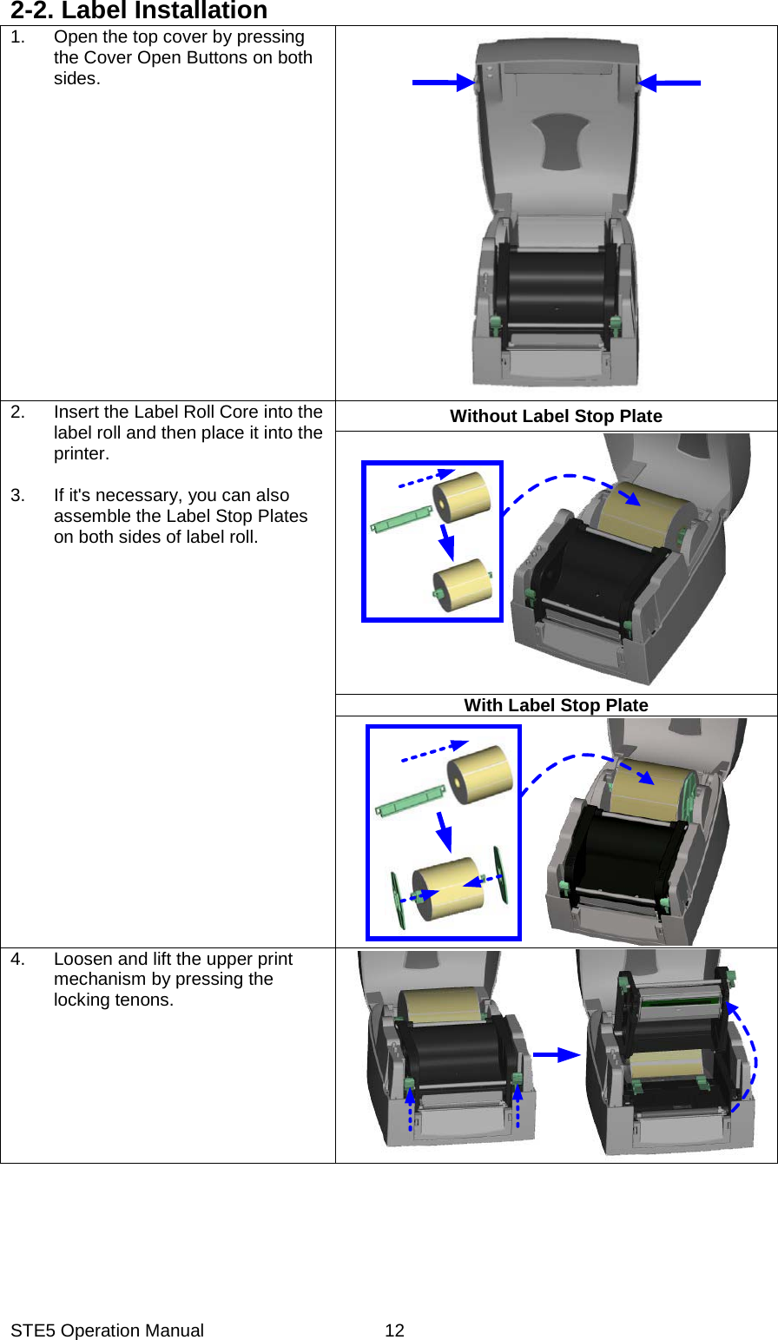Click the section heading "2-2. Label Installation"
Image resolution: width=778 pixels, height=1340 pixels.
[x=139, y=11]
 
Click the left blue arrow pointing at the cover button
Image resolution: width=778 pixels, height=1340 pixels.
[x=441, y=83]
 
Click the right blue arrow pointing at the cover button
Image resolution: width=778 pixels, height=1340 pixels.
[x=670, y=83]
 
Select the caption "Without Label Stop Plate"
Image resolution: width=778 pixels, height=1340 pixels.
[x=556, y=416]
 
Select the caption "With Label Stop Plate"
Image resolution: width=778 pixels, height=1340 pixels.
[x=556, y=705]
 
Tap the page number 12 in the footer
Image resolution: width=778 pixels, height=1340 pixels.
[x=394, y=1330]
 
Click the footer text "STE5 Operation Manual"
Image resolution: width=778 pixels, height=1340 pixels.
[x=107, y=1330]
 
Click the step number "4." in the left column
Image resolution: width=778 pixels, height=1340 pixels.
[x=18, y=959]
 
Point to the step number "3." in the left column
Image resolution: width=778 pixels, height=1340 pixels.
[x=18, y=495]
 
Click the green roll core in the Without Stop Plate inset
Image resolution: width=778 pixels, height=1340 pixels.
[x=401, y=519]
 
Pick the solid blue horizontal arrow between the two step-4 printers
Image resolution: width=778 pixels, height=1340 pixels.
[x=556, y=1054]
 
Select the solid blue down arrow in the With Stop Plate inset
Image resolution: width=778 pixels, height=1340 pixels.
[x=444, y=832]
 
